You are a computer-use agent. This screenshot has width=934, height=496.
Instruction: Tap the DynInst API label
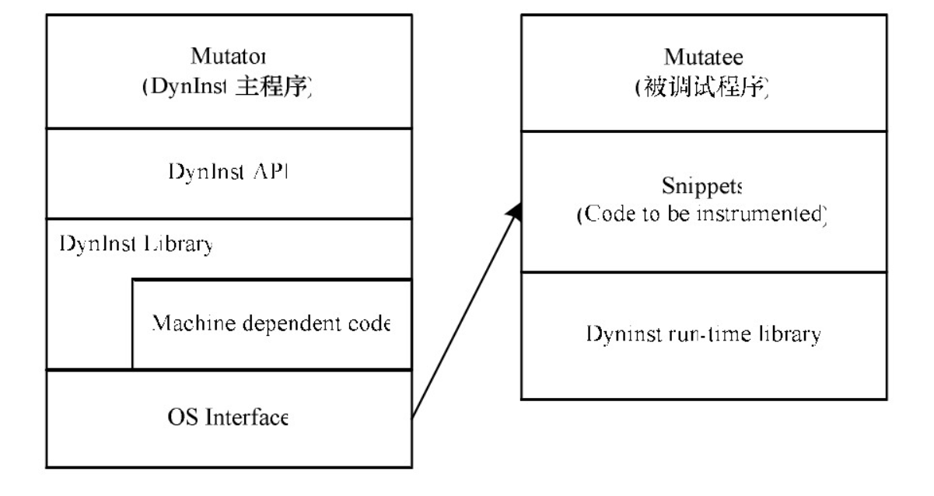coord(228,173)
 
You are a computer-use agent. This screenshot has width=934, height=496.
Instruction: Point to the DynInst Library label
coord(136,243)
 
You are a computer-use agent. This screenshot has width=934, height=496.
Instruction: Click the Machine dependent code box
coord(271,323)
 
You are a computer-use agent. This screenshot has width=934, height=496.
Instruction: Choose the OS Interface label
coord(228,419)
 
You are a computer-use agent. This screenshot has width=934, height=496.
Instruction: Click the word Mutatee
coord(703,57)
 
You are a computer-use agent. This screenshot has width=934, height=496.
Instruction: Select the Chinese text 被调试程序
coord(703,87)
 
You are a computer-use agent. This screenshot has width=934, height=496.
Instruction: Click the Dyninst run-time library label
coord(702,335)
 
